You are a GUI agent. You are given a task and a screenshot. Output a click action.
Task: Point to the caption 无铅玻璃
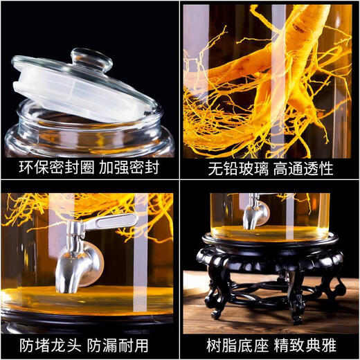(x=228, y=168)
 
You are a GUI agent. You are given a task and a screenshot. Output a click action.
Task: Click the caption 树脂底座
(x=228, y=345)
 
